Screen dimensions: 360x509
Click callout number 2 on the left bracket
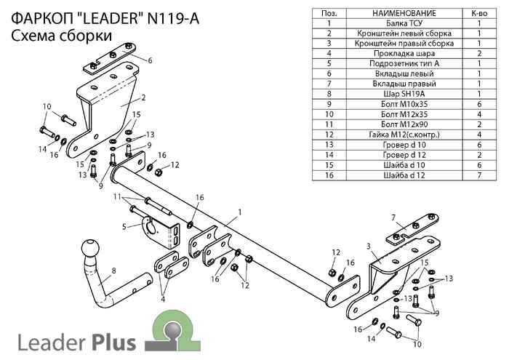tap(143, 97)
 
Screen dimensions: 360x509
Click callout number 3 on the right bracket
tap(369, 246)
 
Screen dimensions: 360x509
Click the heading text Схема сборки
tap(62, 35)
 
